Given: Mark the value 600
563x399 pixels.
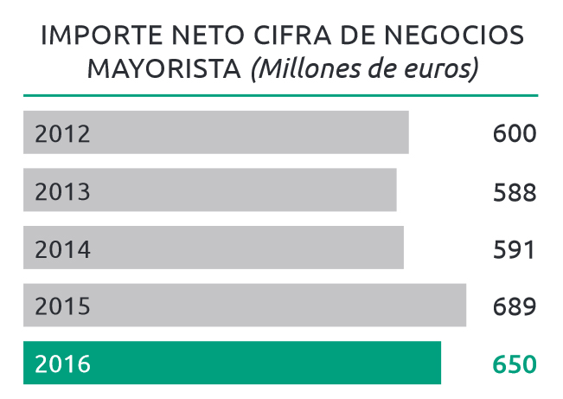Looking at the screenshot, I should (515, 134).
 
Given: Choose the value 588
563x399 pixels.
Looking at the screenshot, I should (515, 191).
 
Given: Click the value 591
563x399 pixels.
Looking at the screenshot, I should (515, 249).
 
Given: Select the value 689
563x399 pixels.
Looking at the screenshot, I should (515, 306).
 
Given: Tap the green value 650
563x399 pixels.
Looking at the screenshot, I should (515, 364).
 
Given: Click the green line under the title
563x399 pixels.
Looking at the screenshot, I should (281, 94).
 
